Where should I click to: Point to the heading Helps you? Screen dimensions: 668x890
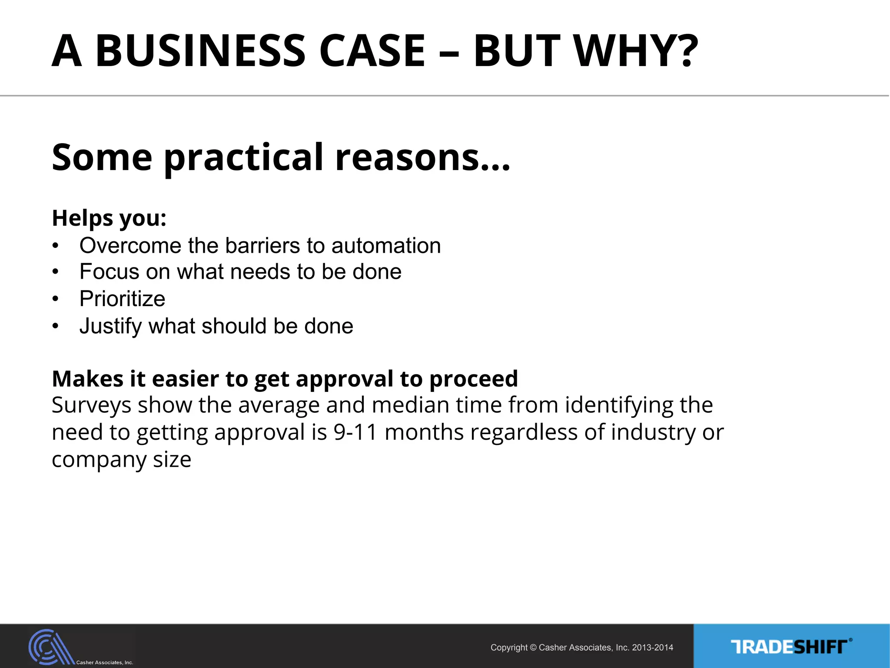[109, 218]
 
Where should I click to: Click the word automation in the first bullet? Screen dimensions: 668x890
[386, 246]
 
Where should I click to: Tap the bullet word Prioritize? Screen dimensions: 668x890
[122, 299]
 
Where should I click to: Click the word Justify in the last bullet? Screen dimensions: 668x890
[110, 327]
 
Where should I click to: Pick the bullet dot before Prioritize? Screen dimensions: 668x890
[55, 299]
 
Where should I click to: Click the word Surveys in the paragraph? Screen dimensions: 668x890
[91, 405]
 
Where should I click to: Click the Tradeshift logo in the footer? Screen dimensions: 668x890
[791, 647]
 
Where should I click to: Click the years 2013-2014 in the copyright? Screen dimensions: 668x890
[652, 648]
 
